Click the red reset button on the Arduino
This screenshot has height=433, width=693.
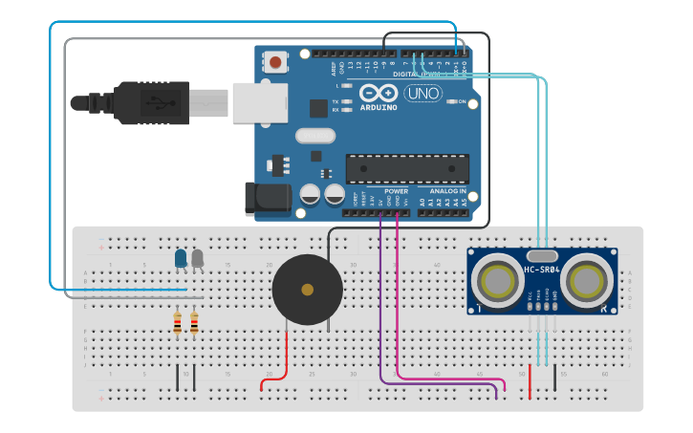click(x=275, y=63)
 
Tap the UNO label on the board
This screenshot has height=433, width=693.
click(x=422, y=94)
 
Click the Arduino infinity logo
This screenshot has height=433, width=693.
click(x=379, y=95)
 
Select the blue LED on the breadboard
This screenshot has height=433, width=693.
click(x=181, y=258)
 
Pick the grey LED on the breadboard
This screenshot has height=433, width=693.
click(x=198, y=258)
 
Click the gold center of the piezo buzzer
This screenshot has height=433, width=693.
click(x=307, y=290)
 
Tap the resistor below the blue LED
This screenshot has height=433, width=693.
click(x=177, y=325)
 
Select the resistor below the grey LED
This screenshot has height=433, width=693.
click(x=194, y=325)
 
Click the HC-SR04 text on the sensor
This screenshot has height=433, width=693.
click(x=542, y=271)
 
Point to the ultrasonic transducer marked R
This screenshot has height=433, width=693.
click(x=586, y=281)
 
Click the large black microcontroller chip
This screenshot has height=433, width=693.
click(x=407, y=168)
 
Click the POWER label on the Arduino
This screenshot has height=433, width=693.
click(x=396, y=191)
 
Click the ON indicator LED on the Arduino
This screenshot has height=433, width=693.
click(x=451, y=101)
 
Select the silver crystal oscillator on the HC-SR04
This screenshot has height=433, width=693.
click(x=542, y=255)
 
